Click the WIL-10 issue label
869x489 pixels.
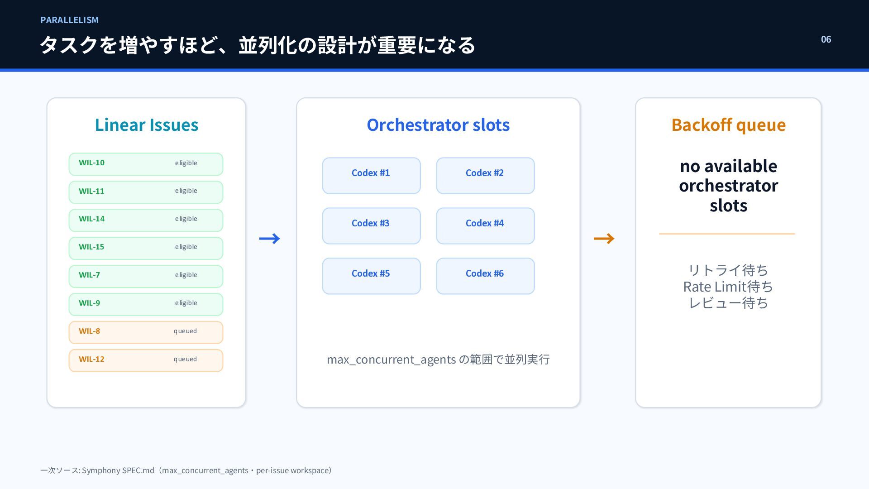[91, 163]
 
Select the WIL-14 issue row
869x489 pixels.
[146, 220]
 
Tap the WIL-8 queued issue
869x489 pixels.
[146, 332]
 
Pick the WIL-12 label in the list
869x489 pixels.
[91, 359]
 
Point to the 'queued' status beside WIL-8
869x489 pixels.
[185, 331]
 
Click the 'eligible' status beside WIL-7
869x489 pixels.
[186, 275]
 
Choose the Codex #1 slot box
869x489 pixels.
[371, 176]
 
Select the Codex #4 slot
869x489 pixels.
[485, 226]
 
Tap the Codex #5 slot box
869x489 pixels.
[371, 276]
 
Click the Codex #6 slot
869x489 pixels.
[485, 276]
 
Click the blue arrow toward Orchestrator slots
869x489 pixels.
[270, 239]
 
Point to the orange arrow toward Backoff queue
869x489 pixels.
[604, 239]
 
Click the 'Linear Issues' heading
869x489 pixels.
[147, 125]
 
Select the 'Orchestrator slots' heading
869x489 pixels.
[438, 125]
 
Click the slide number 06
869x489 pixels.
[826, 39]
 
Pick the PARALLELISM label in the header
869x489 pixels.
[69, 20]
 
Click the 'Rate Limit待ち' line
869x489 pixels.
[728, 287]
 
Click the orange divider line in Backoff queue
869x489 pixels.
[727, 234]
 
